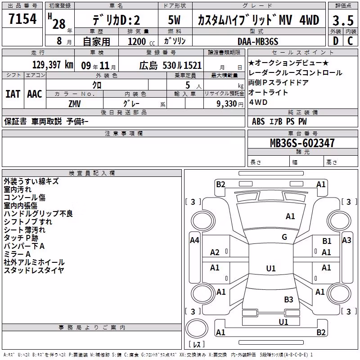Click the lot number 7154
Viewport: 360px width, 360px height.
pos(22,18)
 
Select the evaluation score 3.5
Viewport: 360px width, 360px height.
pos(343,20)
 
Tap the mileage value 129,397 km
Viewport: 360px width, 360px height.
pos(53,65)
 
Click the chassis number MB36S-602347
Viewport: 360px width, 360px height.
pos(302,143)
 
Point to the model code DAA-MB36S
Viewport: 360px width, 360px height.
pos(258,41)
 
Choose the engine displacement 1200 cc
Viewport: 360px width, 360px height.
pos(141,41)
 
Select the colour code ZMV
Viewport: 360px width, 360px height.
pos(75,104)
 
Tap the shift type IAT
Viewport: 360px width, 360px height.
pos(13,94)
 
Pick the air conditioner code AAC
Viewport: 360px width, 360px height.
pos(35,94)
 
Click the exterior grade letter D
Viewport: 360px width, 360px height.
pos(336,41)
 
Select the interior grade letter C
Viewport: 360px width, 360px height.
pos(350,41)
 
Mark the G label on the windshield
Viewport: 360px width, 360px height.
pos(284,237)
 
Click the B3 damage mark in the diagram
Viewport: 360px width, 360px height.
pos(288,299)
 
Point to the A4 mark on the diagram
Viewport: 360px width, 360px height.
pos(194,240)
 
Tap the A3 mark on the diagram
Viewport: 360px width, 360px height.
pos(346,240)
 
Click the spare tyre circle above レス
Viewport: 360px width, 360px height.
pos(197,328)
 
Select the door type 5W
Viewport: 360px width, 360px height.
pos(174,20)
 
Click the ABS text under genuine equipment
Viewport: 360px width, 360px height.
pos(258,121)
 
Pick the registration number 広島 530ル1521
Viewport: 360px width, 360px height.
pos(171,66)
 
